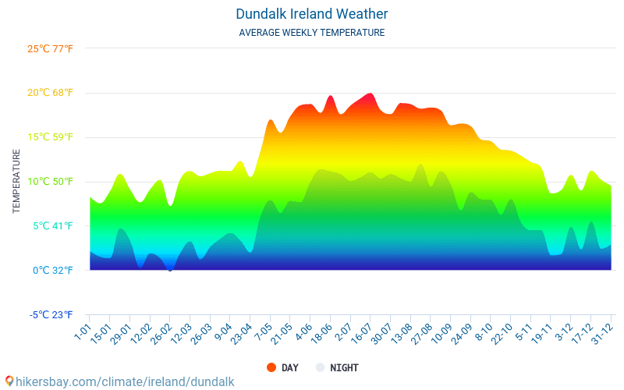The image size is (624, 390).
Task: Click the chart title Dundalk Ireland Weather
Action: [x=311, y=14]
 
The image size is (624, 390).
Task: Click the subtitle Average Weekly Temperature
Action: [x=311, y=33]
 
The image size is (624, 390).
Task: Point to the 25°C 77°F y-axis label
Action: [x=50, y=49]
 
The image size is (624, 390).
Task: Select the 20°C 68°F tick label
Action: [x=50, y=93]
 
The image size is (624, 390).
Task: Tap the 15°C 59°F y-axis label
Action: [x=50, y=137]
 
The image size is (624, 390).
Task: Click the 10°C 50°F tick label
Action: [x=50, y=182]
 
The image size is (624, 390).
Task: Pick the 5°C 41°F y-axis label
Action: [x=51, y=226]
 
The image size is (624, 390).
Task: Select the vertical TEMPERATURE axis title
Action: [x=16, y=182]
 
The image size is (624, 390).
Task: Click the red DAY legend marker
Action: [x=271, y=367]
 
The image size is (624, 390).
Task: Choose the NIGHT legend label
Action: [x=344, y=367]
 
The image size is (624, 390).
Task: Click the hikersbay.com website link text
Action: [x=125, y=381]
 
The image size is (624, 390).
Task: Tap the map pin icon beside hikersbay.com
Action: [x=9, y=381]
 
